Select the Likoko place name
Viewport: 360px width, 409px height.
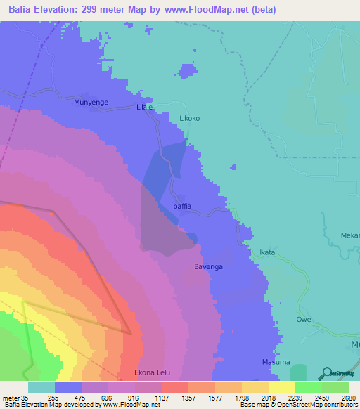[x=190, y=119]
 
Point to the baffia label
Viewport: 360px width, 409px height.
[x=182, y=207]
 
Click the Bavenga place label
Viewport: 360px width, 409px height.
[x=209, y=267]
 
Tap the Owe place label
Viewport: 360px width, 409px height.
[x=303, y=319]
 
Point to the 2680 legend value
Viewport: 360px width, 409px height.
[x=340, y=397]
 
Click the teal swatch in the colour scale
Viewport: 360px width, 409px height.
[x=41, y=387]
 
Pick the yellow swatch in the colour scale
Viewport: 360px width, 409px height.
[x=281, y=387]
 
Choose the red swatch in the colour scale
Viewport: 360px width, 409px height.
[x=174, y=387]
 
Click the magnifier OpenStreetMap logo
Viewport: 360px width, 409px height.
[x=326, y=373]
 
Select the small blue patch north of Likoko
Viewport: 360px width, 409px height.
[x=186, y=71]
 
